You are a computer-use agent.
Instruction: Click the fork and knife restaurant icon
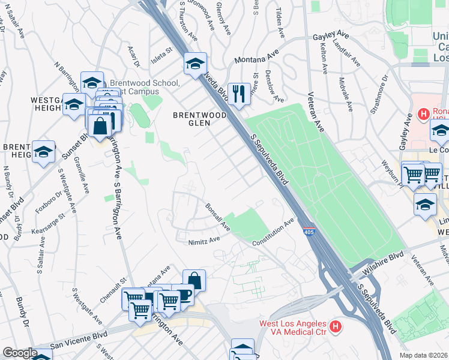click(239, 94)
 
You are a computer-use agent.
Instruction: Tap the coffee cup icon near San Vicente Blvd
click(184, 296)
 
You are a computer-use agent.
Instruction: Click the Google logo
click(19, 353)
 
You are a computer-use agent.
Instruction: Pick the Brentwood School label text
click(142, 87)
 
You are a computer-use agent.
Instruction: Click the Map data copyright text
click(424, 355)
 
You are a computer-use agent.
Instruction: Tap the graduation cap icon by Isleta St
click(195, 63)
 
